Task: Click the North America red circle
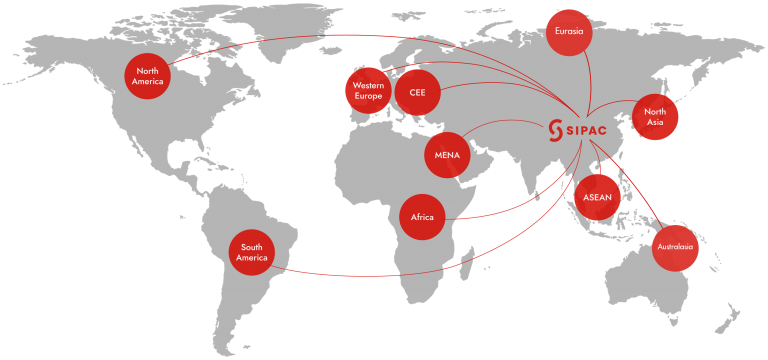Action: [148, 76]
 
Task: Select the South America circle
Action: [252, 253]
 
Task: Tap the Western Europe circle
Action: [368, 91]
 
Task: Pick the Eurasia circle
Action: [569, 32]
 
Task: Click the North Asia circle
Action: [655, 117]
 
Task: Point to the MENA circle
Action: [447, 155]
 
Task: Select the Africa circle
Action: [422, 216]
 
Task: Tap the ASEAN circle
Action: [598, 197]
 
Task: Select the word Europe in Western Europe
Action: [368, 96]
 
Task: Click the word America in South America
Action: [252, 259]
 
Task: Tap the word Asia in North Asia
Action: [655, 122]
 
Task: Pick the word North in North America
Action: [148, 71]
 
